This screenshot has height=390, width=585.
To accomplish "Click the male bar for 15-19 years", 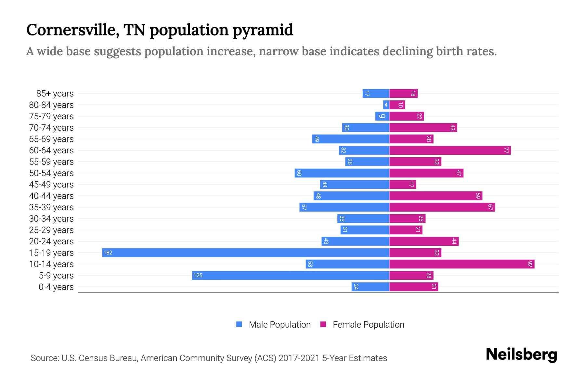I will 246,253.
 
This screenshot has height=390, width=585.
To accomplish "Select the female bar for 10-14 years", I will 461,264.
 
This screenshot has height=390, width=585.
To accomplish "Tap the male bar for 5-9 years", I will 291,275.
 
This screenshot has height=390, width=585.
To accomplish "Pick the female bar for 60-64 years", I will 450,150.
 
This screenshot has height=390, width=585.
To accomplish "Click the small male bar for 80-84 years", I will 386,105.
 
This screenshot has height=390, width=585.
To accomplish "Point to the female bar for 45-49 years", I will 402,184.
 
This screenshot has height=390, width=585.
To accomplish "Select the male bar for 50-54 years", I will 342,173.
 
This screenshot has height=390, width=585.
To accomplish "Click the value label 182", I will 108,253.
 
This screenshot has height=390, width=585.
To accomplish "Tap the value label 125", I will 198,275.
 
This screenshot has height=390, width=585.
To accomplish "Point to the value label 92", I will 530,264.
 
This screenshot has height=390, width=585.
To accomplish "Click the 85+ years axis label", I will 55,94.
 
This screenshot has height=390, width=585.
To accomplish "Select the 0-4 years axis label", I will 56,287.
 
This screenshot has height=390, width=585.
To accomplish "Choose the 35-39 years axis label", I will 51,207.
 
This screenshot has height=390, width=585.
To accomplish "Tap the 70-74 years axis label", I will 51,128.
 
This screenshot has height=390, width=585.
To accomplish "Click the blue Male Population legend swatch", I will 239,324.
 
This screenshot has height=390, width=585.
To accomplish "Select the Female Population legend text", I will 368,324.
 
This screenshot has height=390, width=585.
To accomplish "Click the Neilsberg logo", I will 521,355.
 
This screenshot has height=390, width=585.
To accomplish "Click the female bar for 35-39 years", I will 442,207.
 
